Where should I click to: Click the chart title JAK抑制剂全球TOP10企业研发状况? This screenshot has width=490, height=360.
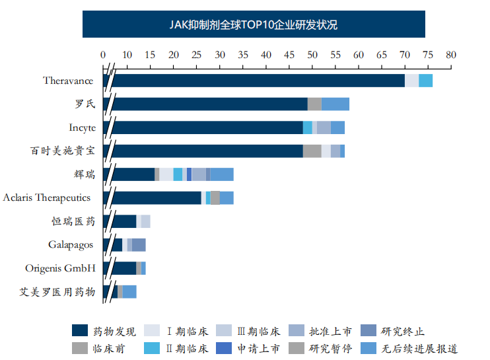coord(253,25)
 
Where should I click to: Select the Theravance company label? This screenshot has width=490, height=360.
coord(68,81)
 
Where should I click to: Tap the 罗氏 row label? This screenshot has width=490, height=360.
coord(85,104)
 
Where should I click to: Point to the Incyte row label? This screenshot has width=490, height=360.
coord(82,127)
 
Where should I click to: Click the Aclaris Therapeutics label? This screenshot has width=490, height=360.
coord(46,198)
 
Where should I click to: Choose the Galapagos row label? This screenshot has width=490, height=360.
coord(71,244)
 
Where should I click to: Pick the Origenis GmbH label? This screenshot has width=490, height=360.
coord(60,268)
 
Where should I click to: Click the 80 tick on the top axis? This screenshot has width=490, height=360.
coord(451,55)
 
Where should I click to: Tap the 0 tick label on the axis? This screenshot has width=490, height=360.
coord(103,55)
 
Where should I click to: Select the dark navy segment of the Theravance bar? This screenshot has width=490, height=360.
coord(258,81)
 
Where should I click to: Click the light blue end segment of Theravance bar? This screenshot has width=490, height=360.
coord(426,81)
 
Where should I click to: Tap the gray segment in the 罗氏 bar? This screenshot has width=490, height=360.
coord(314,104)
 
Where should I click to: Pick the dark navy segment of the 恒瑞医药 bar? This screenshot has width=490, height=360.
coord(124,221)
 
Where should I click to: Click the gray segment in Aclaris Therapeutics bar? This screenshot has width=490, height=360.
coord(215,198)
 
